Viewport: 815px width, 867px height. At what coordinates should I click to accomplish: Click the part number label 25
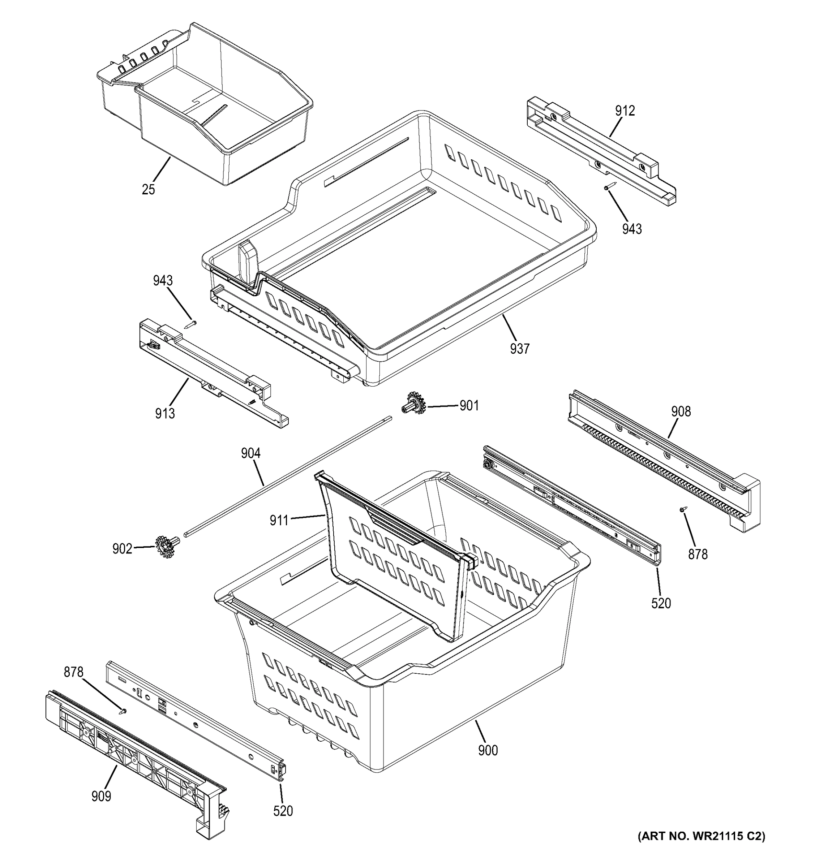pyautogui.click(x=148, y=190)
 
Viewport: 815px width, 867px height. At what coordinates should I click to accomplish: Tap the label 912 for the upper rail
pyautogui.click(x=625, y=111)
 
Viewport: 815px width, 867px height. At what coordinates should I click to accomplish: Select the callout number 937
pyautogui.click(x=520, y=349)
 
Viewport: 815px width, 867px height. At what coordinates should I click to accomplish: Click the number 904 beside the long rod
pyautogui.click(x=250, y=454)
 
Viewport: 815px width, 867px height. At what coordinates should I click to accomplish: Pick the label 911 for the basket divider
pyautogui.click(x=279, y=520)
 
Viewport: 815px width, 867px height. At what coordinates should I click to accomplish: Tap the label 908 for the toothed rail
pyautogui.click(x=681, y=411)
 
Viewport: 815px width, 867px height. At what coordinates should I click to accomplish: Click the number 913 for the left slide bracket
pyautogui.click(x=165, y=413)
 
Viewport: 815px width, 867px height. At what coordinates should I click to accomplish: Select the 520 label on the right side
pyautogui.click(x=661, y=603)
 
